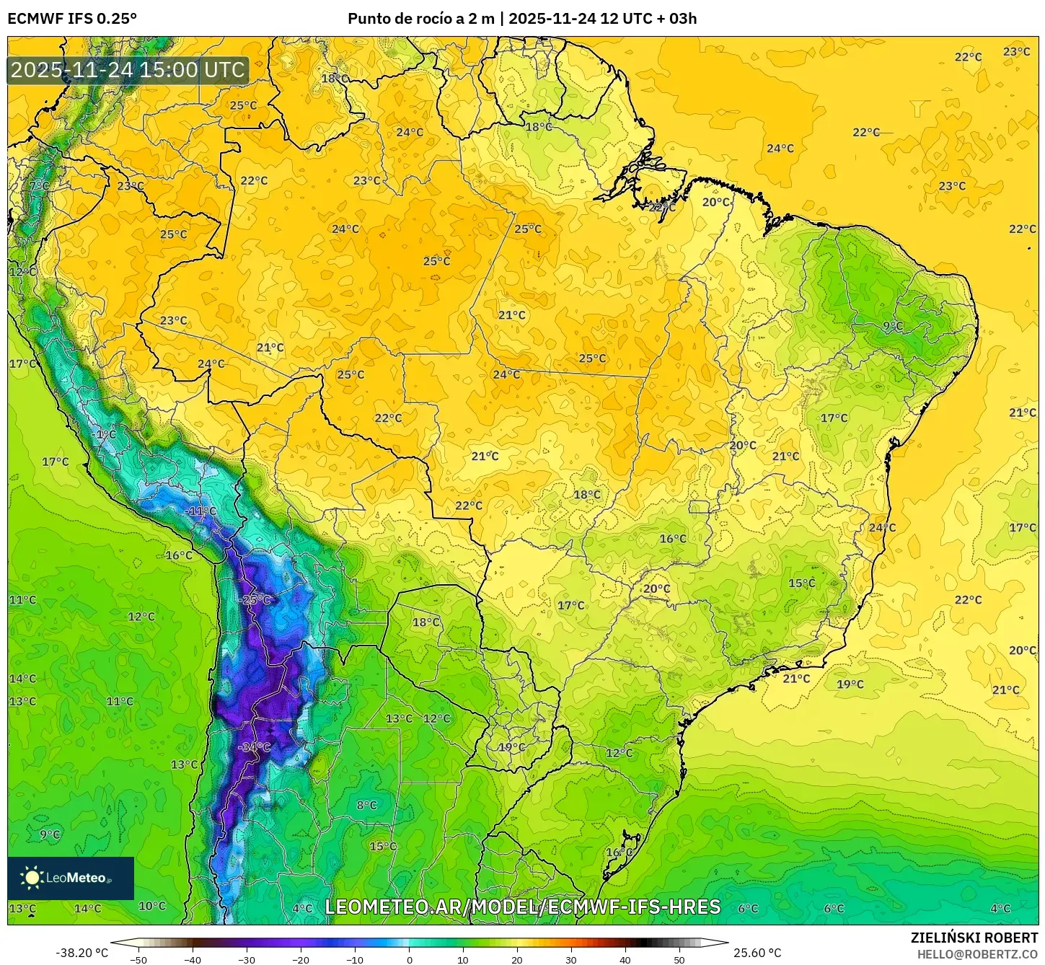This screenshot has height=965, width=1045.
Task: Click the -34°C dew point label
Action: tap(254, 746)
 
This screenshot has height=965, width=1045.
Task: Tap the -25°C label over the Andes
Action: tap(255, 599)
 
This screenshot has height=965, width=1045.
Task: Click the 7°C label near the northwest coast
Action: tap(40, 186)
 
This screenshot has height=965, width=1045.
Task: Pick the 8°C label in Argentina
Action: tap(366, 805)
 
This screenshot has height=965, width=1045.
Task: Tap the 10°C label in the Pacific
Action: tap(151, 906)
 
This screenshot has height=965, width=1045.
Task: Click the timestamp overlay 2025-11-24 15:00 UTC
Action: tap(128, 70)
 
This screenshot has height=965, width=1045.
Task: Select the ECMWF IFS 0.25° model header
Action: tap(72, 19)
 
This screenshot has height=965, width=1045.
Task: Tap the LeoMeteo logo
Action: tap(71, 878)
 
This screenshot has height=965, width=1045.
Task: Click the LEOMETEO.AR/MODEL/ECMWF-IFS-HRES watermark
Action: tap(522, 907)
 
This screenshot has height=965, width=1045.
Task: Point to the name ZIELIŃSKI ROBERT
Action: tap(974, 938)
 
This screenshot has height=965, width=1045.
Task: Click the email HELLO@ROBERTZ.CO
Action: tap(977, 954)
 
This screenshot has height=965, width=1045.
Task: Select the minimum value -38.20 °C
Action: tap(81, 953)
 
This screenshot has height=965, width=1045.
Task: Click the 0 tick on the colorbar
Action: tap(409, 959)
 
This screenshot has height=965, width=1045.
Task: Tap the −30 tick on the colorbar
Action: tap(246, 959)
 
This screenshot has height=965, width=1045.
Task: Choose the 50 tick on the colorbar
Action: tap(679, 959)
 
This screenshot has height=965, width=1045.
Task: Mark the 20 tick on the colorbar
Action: tap(517, 959)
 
